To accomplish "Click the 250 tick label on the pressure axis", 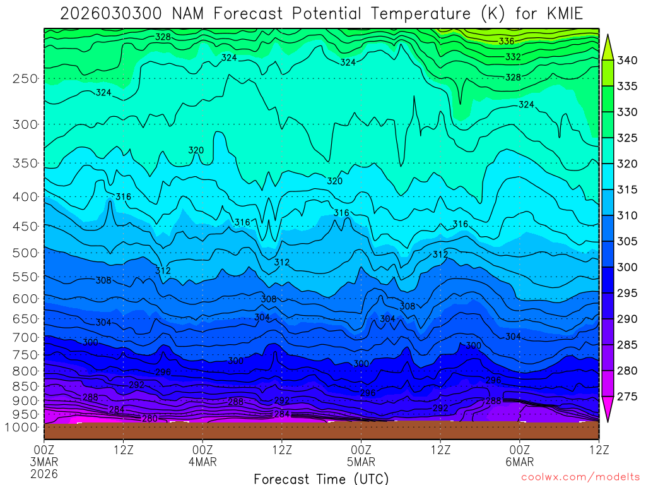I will (x=26, y=79).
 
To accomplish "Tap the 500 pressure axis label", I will (x=26, y=253).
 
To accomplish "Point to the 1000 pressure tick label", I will (x=23, y=428).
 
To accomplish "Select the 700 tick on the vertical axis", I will (x=26, y=337).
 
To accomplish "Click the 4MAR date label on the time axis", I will (x=203, y=462).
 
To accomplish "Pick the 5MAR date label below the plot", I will (x=361, y=462).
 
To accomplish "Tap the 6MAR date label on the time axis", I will (x=519, y=462).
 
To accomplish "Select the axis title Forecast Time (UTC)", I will (x=321, y=478).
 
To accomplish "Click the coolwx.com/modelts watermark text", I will (x=580, y=478).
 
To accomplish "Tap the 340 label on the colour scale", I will (x=628, y=61).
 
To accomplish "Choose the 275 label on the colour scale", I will (x=628, y=397).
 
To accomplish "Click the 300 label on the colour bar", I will (x=628, y=267).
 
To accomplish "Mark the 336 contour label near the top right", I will (x=506, y=42).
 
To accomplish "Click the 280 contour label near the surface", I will (x=150, y=419).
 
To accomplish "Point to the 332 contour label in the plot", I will (x=513, y=57).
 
